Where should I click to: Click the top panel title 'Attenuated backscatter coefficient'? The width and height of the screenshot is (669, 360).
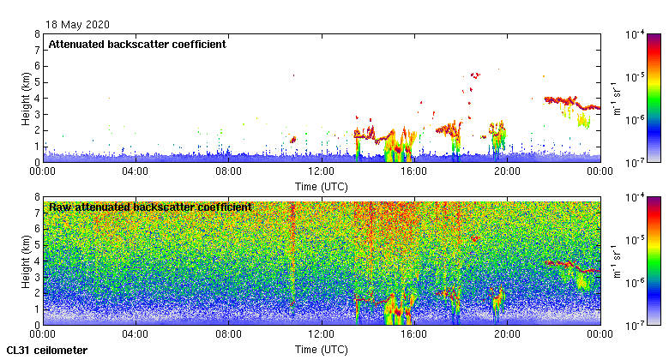(137, 44)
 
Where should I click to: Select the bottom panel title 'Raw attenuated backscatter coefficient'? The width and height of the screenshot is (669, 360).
(150, 207)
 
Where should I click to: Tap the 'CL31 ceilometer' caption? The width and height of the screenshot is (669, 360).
(47, 351)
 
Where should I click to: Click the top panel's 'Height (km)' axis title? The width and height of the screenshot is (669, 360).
(27, 98)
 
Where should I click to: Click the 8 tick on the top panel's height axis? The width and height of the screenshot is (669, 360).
(36, 34)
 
